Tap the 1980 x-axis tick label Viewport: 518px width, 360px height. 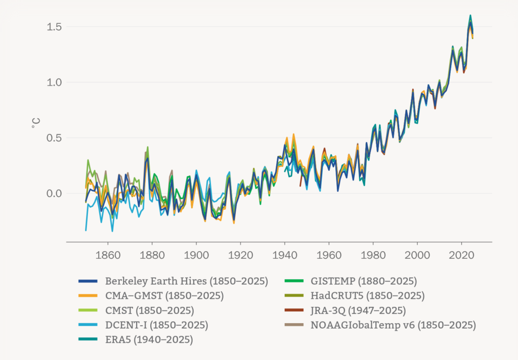pos(373,254)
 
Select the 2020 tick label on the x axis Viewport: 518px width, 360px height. pos(462,254)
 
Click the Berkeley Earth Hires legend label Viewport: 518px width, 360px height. pos(186,281)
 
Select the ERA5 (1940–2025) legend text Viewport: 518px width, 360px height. pos(149,340)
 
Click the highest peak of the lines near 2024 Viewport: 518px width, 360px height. pos(470,16)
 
